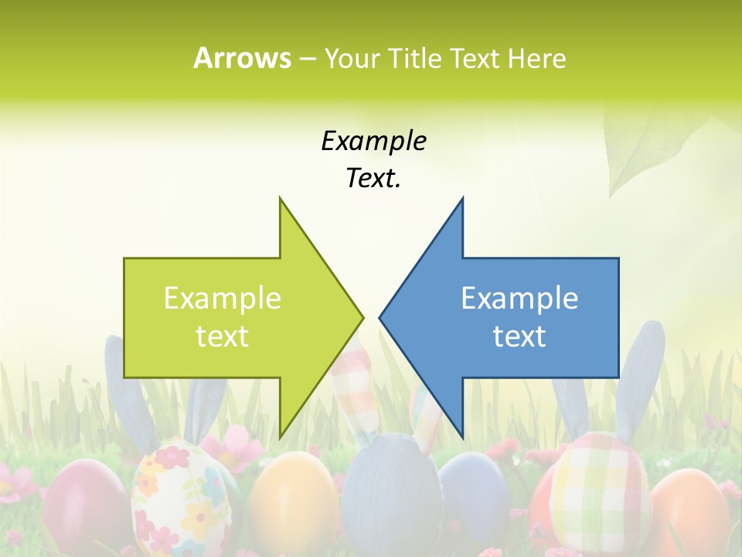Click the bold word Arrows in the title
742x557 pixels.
(242, 58)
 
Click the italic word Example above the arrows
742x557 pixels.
(373, 142)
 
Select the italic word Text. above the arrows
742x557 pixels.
(373, 179)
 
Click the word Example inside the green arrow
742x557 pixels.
(223, 299)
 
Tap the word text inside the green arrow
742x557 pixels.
(223, 337)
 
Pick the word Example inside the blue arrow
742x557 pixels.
(519, 299)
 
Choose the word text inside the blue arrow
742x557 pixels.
(519, 337)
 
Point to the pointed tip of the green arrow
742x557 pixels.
(362, 317)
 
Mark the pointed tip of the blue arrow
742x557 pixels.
(380, 317)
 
